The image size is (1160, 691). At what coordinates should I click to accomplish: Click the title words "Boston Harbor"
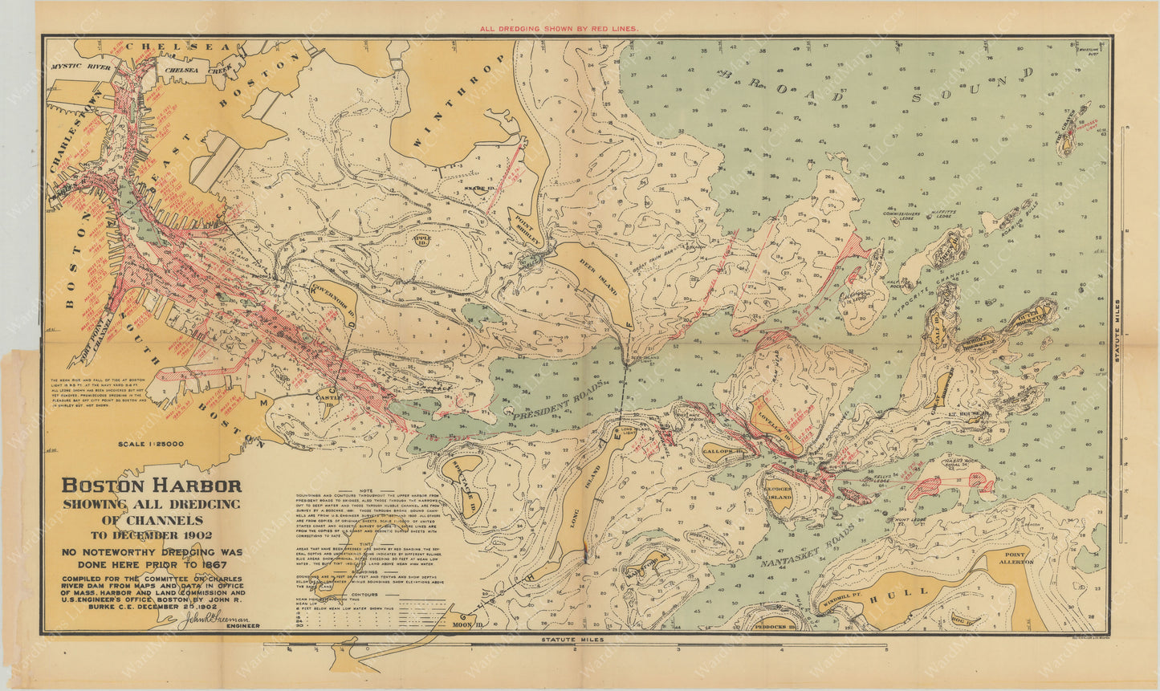click(x=152, y=486)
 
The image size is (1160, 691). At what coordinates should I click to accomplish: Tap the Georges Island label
click(x=778, y=493)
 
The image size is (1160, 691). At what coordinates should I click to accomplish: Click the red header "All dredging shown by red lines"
click(x=559, y=28)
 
